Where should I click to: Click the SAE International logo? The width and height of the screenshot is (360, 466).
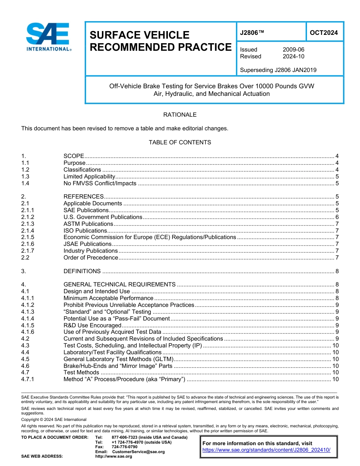click(x=48, y=37)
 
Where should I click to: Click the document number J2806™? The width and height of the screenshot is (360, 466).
click(x=252, y=33)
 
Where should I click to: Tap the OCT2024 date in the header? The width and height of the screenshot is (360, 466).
click(x=324, y=33)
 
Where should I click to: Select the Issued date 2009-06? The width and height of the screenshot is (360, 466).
click(x=293, y=50)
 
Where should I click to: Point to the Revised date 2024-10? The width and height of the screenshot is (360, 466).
click(x=293, y=56)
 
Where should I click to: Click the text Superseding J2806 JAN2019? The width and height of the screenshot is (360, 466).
click(x=278, y=70)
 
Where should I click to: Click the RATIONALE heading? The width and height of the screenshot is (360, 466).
click(x=180, y=115)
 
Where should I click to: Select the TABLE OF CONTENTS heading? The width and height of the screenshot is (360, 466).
click(x=180, y=142)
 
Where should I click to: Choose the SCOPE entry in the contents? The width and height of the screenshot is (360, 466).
click(x=74, y=156)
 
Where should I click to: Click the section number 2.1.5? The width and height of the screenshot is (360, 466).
click(x=28, y=237)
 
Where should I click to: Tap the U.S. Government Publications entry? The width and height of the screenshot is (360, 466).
click(x=103, y=217)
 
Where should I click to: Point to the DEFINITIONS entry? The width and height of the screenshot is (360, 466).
click(x=82, y=271)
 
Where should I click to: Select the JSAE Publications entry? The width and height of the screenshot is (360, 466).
click(x=88, y=244)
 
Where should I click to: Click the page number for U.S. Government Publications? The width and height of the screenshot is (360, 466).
click(x=337, y=217)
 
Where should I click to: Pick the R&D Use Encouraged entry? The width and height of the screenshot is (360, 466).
click(x=92, y=325)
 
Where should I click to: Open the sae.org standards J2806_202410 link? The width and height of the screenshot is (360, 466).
click(x=266, y=450)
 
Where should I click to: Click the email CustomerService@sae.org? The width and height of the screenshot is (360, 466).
click(x=138, y=452)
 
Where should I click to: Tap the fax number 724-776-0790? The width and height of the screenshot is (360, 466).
click(x=124, y=447)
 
